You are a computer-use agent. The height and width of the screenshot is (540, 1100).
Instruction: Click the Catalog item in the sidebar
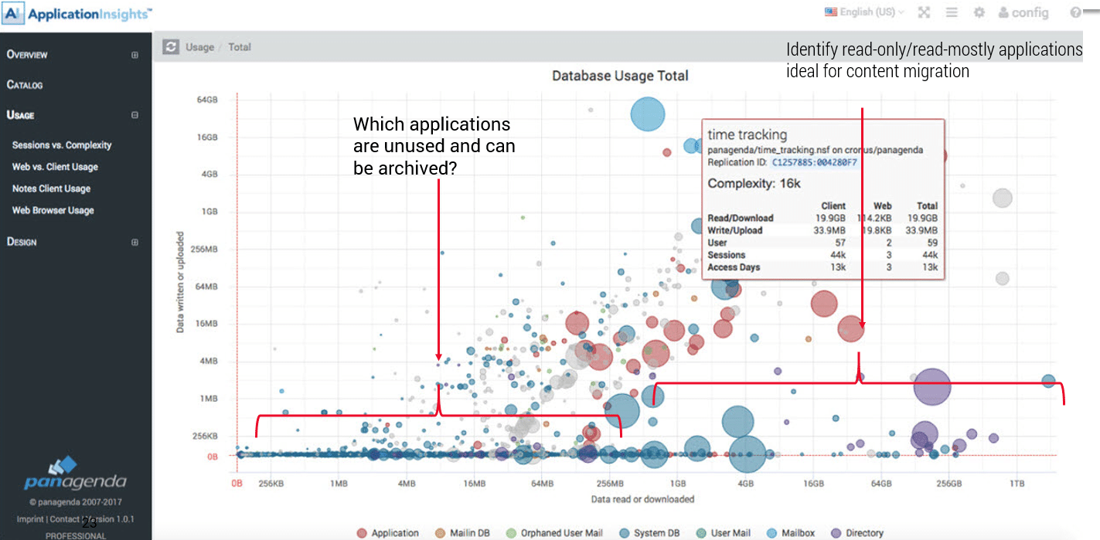click(25, 85)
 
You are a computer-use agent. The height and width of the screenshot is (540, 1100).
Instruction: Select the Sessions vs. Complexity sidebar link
click(62, 145)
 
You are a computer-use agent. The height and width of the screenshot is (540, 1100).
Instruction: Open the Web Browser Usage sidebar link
click(53, 210)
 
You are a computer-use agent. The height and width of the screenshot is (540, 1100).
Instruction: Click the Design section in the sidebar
click(22, 242)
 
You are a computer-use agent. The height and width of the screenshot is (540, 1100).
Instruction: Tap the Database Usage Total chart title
click(620, 76)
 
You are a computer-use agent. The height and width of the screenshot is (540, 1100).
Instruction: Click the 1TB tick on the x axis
click(1017, 484)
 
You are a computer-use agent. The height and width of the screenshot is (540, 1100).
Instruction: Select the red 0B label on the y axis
click(211, 457)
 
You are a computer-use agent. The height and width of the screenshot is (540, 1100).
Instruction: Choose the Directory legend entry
click(863, 533)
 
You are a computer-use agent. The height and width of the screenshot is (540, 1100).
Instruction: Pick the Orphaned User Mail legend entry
click(560, 533)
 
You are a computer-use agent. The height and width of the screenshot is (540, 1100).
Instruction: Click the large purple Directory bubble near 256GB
click(932, 387)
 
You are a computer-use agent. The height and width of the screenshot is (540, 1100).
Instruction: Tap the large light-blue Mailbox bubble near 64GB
click(648, 114)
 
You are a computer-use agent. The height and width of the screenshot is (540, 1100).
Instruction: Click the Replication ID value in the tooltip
click(814, 162)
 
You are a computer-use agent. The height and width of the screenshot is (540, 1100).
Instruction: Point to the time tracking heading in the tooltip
click(747, 135)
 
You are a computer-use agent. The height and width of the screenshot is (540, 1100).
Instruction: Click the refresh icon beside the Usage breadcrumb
click(170, 47)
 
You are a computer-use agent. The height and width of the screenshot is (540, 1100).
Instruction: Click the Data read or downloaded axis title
click(642, 499)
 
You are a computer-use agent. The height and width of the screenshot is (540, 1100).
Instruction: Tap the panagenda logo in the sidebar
click(75, 474)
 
